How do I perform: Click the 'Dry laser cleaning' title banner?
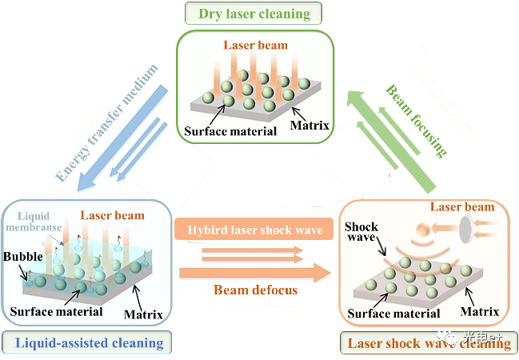254,13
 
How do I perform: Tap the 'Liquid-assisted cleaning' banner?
85,343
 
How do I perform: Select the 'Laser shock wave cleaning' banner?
428,343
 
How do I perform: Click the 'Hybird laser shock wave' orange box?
254,231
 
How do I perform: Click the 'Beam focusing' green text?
417,119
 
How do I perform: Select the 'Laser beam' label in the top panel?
256,46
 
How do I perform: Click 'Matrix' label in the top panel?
309,125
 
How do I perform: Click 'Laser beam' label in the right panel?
463,207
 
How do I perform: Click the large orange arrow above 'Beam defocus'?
255,273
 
